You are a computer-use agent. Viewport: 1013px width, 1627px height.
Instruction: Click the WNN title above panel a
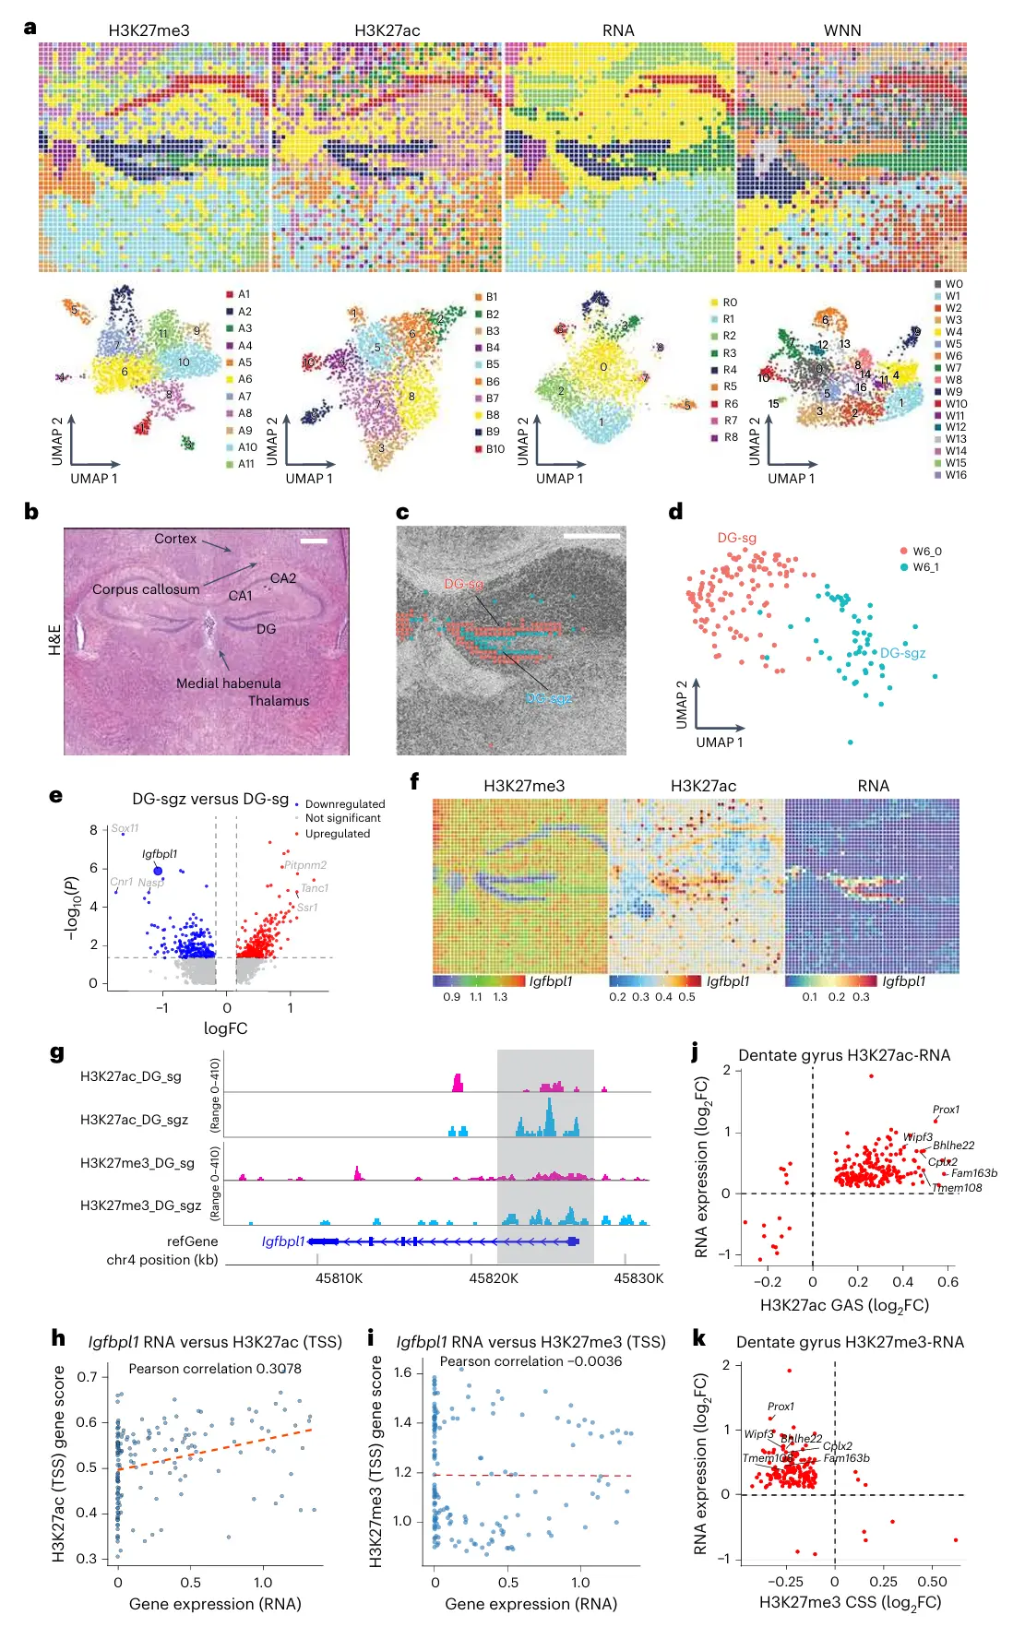(x=841, y=30)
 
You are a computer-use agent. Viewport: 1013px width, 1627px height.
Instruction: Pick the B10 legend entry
(x=495, y=449)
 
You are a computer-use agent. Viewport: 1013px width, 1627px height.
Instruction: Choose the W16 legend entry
(x=955, y=475)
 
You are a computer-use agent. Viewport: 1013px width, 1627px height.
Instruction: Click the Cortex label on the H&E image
(x=175, y=539)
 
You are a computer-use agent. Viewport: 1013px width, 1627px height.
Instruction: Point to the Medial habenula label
(x=229, y=683)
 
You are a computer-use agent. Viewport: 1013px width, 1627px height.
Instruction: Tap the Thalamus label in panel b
(x=279, y=701)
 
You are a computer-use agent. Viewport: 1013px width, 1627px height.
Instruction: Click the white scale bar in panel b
(x=314, y=540)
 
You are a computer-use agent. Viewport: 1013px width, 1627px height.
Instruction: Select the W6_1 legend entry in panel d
(x=925, y=567)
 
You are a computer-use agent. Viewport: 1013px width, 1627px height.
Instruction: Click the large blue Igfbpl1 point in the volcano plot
(x=158, y=871)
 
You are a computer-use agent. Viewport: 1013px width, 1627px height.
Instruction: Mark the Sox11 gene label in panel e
(x=125, y=828)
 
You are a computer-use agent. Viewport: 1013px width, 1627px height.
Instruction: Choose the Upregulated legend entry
(x=337, y=834)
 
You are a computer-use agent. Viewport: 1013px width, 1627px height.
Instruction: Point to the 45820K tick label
(x=494, y=1278)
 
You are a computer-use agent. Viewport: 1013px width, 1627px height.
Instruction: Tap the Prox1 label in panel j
(x=946, y=1110)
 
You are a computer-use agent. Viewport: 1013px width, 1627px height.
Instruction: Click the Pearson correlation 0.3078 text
(x=215, y=1369)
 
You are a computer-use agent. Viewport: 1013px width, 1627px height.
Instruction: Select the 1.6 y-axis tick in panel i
(x=402, y=1372)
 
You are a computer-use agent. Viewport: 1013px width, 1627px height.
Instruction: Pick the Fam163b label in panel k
(x=846, y=1458)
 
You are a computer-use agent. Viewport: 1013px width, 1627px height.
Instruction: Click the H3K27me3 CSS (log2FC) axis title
(x=850, y=1603)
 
